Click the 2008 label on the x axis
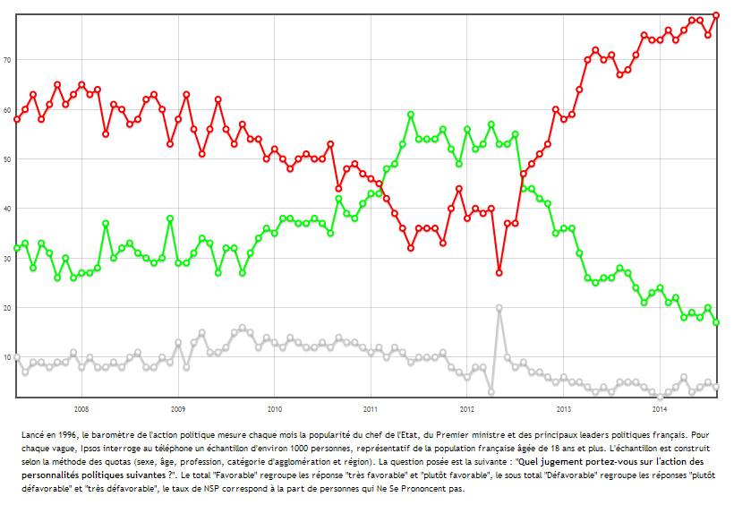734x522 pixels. (x=81, y=408)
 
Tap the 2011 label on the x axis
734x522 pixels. (x=371, y=408)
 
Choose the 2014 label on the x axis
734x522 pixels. (x=660, y=408)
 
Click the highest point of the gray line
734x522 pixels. (x=499, y=307)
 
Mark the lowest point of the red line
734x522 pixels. (x=499, y=272)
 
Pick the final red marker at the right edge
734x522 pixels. (x=716, y=15)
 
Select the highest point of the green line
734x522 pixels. (x=411, y=115)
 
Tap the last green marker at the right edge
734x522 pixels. (x=716, y=322)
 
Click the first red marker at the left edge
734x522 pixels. (x=17, y=119)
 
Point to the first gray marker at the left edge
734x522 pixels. (x=17, y=357)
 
